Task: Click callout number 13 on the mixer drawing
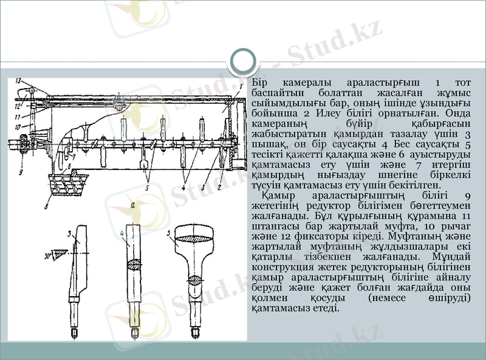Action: pyautogui.click(x=19, y=81)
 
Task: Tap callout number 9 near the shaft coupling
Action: pyautogui.click(x=20, y=171)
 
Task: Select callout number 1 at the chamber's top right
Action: pyautogui.click(x=241, y=87)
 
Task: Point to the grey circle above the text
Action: pyautogui.click(x=243, y=59)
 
